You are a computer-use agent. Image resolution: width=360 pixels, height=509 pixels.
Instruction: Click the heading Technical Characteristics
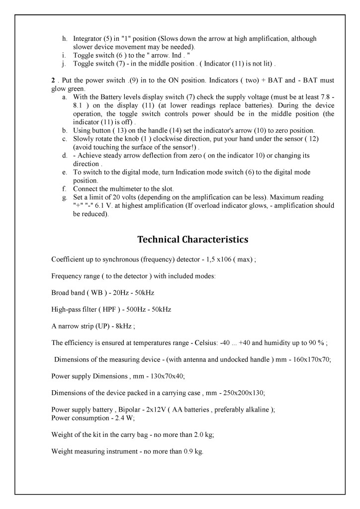click(192, 240)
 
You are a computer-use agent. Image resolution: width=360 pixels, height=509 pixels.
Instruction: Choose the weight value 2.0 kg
click(203, 435)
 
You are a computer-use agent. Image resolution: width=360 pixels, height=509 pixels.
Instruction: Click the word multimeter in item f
click(122, 189)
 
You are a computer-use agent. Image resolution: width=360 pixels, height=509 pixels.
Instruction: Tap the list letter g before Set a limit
click(65, 197)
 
